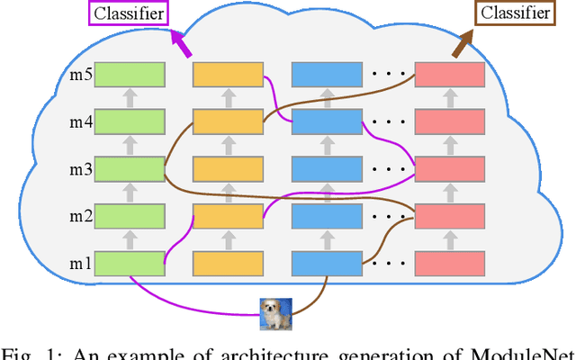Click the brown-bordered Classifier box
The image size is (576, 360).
point(514,13)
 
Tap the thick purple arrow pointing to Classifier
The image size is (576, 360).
point(181,46)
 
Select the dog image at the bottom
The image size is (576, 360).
point(274,312)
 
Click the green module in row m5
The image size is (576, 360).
point(130,74)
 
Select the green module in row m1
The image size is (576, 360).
point(130,262)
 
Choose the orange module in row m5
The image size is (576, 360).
point(228,74)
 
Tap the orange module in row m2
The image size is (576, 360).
point(228,215)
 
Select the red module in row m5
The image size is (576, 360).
point(448,74)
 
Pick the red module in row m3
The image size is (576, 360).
point(448,168)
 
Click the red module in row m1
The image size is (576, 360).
point(448,262)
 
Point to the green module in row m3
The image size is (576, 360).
point(130,168)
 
